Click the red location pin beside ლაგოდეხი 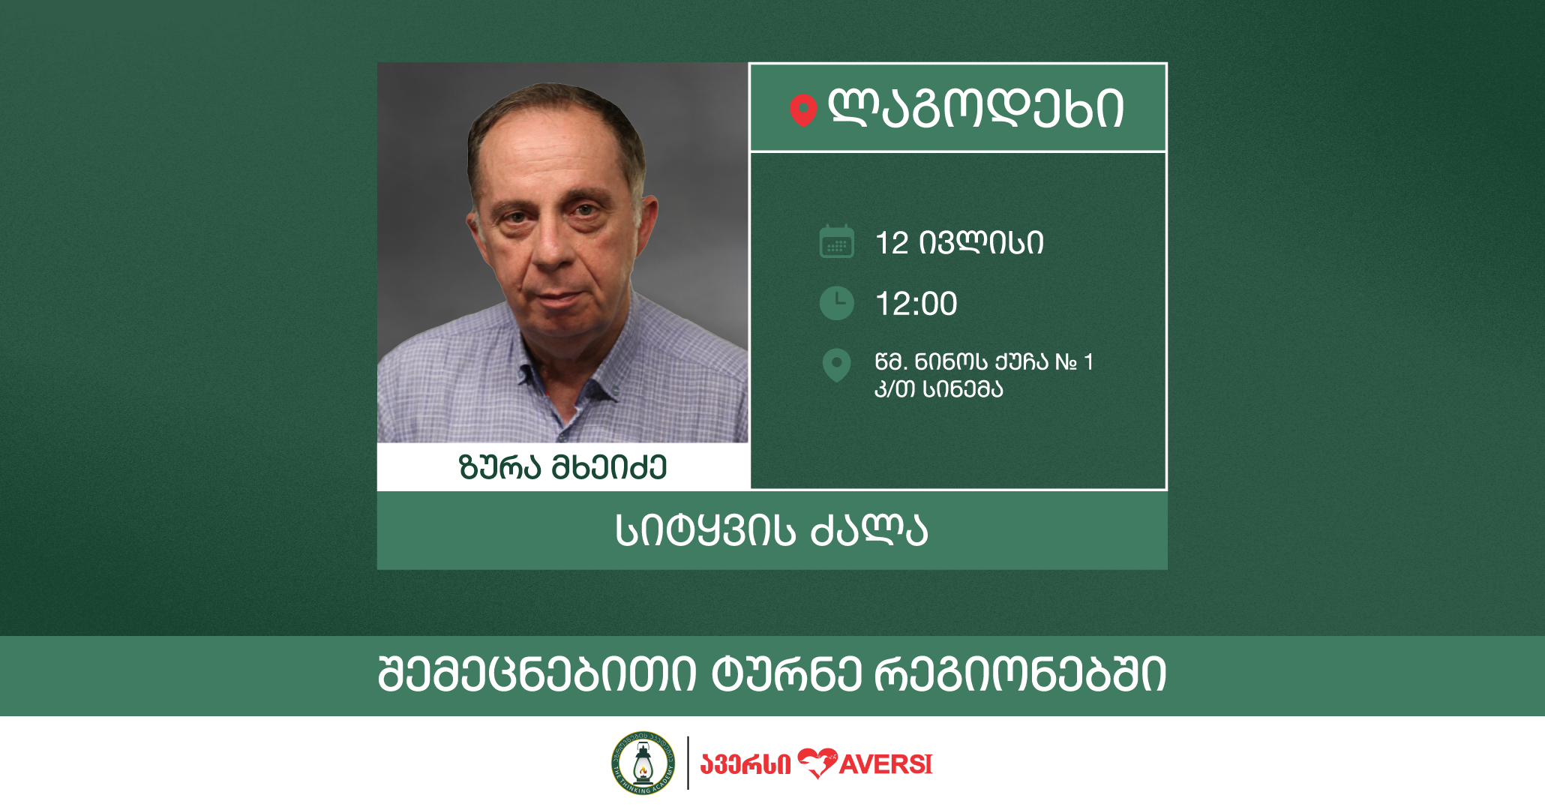[802, 110]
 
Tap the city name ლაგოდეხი [975, 109]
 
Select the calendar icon [836, 241]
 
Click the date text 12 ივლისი [959, 243]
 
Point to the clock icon [836, 303]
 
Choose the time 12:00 [916, 304]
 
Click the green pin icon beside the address [836, 365]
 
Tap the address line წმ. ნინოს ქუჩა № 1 [984, 362]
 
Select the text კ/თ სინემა [938, 389]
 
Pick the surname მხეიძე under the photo [609, 467]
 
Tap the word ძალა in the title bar [869, 530]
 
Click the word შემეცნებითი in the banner [537, 674]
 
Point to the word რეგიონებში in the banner [1020, 674]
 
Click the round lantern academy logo [643, 763]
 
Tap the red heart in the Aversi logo [817, 763]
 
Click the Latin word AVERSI [886, 765]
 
